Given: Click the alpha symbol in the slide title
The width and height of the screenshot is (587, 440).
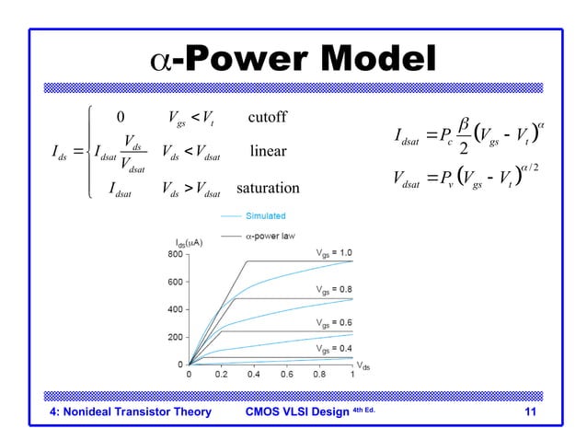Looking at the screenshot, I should click(x=161, y=62).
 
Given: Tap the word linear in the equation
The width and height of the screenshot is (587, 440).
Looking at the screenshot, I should click(x=269, y=150).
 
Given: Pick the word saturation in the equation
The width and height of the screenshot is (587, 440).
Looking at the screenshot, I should click(x=268, y=189).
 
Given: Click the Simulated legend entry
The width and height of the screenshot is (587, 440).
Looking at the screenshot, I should click(x=264, y=215).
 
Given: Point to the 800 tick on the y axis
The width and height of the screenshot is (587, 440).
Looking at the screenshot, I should click(x=172, y=253).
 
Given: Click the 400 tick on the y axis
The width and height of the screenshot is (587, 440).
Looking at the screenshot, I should click(x=172, y=309).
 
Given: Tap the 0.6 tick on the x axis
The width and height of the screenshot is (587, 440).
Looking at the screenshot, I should click(x=287, y=374).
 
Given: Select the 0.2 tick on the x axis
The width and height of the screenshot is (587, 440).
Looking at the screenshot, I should click(x=222, y=374).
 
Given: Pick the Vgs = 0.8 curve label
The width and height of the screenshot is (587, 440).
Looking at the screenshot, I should click(x=333, y=289).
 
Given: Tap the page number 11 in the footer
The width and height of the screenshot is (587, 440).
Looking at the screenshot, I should click(x=529, y=411).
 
